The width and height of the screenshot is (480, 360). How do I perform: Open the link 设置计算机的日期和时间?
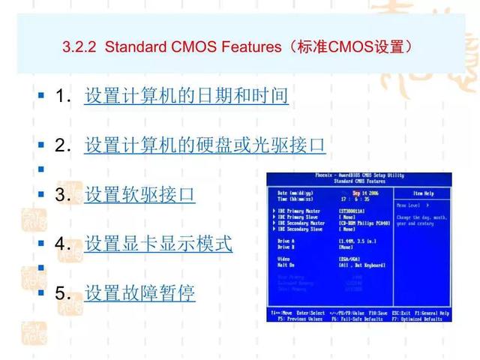(186, 97)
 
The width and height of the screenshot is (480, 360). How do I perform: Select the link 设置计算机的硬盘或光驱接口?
(204, 145)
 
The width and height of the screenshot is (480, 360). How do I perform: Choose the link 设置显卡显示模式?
(158, 244)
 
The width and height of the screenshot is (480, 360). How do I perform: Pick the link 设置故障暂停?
(139, 292)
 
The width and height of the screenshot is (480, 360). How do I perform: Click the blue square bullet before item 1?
(40, 97)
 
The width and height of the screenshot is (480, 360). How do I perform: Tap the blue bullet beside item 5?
(40, 292)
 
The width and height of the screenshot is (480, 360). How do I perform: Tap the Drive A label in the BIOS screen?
(284, 241)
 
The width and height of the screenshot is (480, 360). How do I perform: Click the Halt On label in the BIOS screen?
(285, 264)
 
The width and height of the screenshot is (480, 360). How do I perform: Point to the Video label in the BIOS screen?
(283, 258)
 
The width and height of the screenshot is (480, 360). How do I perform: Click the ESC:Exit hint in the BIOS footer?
(402, 313)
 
